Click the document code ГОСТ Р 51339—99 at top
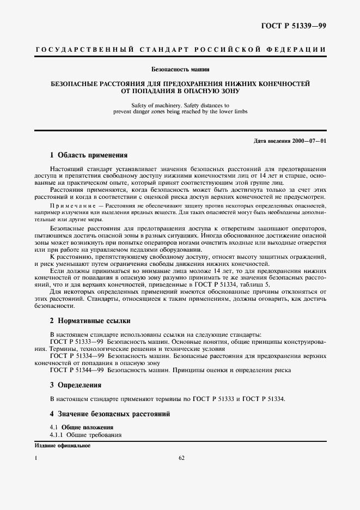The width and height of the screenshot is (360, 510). pyautogui.click(x=293, y=26)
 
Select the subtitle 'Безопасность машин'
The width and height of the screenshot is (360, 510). pyautogui.click(x=180, y=69)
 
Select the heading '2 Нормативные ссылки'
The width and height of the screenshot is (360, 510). pyautogui.click(x=90, y=321)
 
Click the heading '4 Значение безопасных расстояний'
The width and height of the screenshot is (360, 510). pyautogui.click(x=110, y=414)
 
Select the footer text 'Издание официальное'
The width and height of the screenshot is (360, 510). pyautogui.click(x=62, y=445)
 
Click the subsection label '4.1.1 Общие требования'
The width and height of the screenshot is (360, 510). pyautogui.click(x=86, y=435)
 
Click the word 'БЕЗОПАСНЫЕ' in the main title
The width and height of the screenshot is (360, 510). pyautogui.click(x=77, y=84)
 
